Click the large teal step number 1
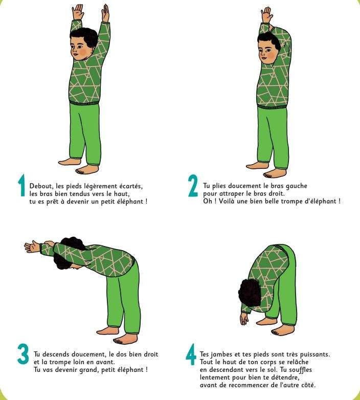coord(21,186)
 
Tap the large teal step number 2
coord(193,186)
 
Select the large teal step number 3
coord(23,354)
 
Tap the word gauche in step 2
coord(296,186)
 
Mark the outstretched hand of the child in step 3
coord(32,246)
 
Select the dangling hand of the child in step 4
coord(244,319)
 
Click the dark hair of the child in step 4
coord(249,292)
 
